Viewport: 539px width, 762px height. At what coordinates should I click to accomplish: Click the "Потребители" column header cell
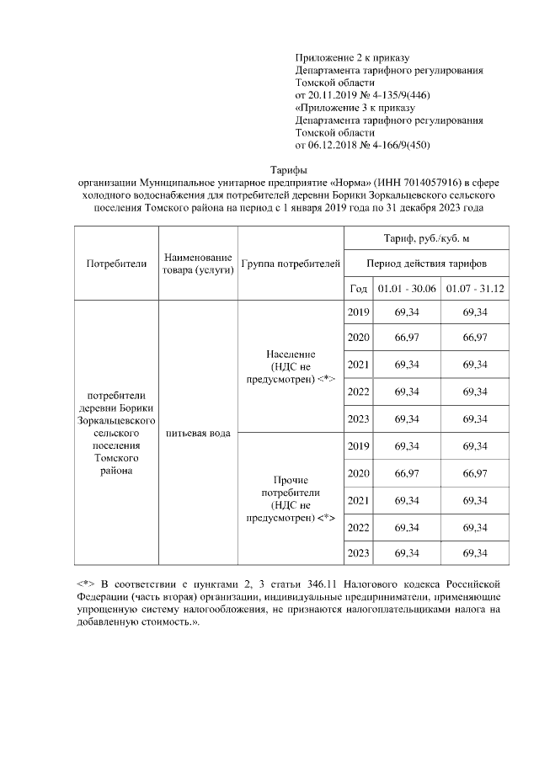click(x=116, y=264)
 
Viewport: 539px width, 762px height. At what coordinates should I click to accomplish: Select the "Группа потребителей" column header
click(x=291, y=264)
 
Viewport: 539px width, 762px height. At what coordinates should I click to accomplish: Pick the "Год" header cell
click(x=358, y=288)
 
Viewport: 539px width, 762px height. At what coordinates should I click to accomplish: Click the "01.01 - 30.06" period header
click(x=406, y=288)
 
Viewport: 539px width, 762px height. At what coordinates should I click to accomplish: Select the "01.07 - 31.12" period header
click(x=475, y=288)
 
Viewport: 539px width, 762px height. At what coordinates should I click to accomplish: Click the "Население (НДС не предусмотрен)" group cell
click(x=291, y=367)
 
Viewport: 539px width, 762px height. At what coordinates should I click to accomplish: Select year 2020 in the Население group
click(x=358, y=338)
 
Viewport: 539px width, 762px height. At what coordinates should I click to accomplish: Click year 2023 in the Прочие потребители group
click(x=358, y=552)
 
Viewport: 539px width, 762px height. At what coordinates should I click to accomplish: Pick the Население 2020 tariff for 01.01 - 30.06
click(x=406, y=338)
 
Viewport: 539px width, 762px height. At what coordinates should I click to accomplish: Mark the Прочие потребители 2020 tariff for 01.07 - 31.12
click(x=475, y=473)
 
